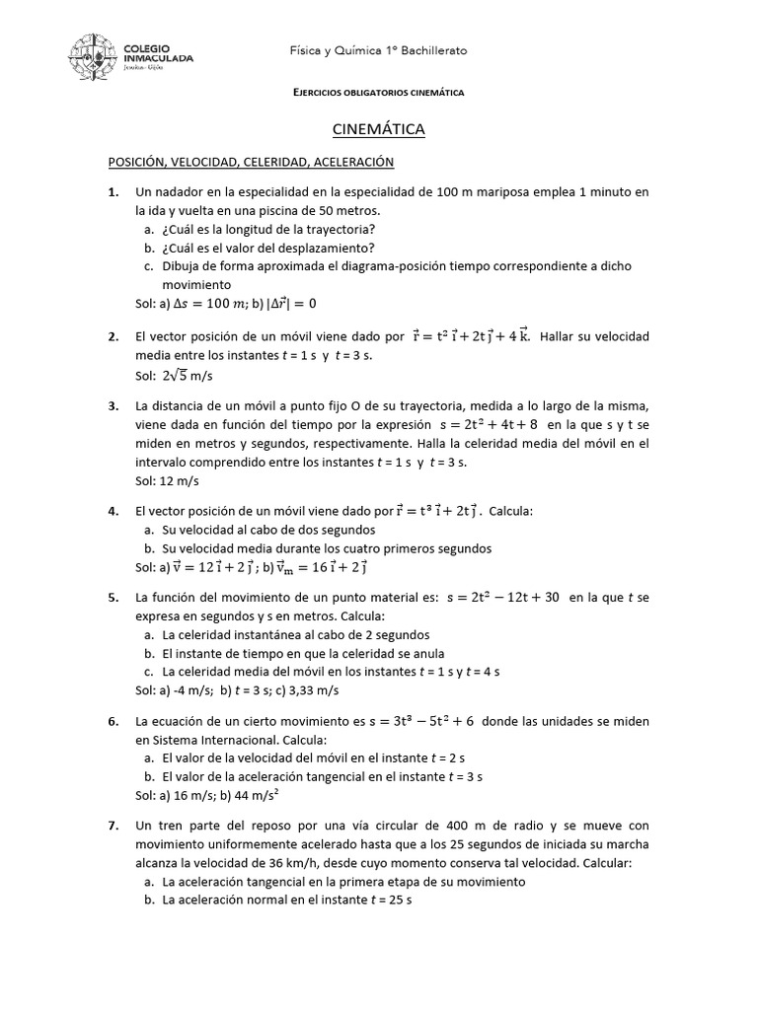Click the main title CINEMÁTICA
[378, 129]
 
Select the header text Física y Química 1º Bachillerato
[378, 49]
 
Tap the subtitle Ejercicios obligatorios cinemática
[379, 92]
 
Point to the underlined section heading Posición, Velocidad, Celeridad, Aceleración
[251, 162]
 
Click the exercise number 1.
[114, 191]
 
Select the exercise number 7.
[114, 825]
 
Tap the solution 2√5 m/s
[188, 376]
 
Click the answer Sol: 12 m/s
[167, 480]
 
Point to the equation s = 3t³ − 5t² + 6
[421, 721]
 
